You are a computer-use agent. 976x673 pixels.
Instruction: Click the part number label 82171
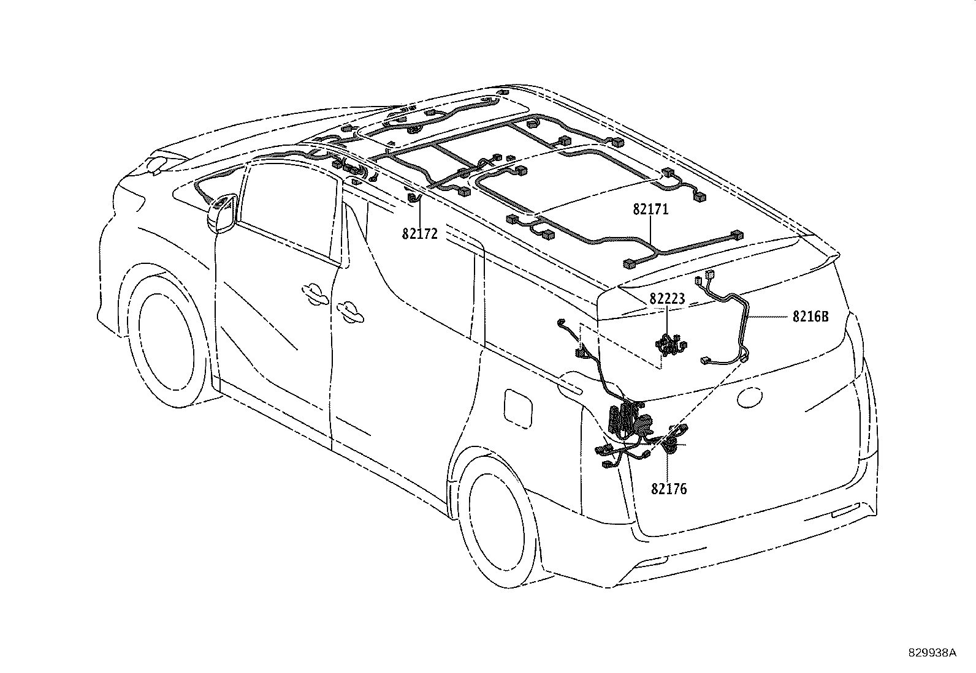650,210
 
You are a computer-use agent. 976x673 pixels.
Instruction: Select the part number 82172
419,234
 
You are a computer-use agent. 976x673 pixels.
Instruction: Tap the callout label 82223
667,299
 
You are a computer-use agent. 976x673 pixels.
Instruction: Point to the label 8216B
810,317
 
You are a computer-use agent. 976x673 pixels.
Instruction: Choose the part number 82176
669,489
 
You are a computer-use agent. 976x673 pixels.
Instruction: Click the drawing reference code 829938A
932,653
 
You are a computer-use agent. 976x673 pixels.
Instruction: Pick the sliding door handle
350,312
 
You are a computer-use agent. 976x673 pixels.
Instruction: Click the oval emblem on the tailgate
749,397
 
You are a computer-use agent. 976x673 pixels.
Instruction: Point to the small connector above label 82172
413,198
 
